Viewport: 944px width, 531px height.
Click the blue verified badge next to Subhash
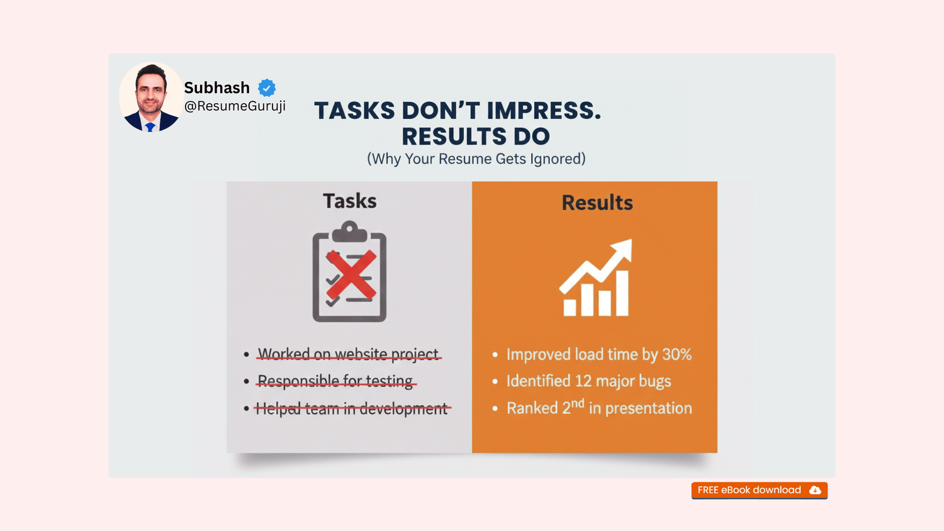(267, 87)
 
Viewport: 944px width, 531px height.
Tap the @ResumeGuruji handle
(235, 106)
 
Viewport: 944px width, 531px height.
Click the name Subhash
(217, 87)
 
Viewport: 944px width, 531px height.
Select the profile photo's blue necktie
(150, 127)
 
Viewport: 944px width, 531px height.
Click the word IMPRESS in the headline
(544, 110)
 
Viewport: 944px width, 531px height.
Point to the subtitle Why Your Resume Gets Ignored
(476, 159)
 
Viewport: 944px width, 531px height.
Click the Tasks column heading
(350, 201)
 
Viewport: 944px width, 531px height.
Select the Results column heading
(597, 203)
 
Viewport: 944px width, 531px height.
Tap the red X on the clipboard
(351, 275)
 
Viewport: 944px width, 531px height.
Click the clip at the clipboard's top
(349, 232)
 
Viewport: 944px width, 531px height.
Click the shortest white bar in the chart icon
(570, 308)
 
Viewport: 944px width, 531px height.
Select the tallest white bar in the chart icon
(622, 293)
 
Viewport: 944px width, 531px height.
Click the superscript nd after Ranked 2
(578, 403)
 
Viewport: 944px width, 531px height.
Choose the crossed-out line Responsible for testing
(335, 381)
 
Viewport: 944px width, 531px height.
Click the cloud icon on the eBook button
(815, 490)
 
